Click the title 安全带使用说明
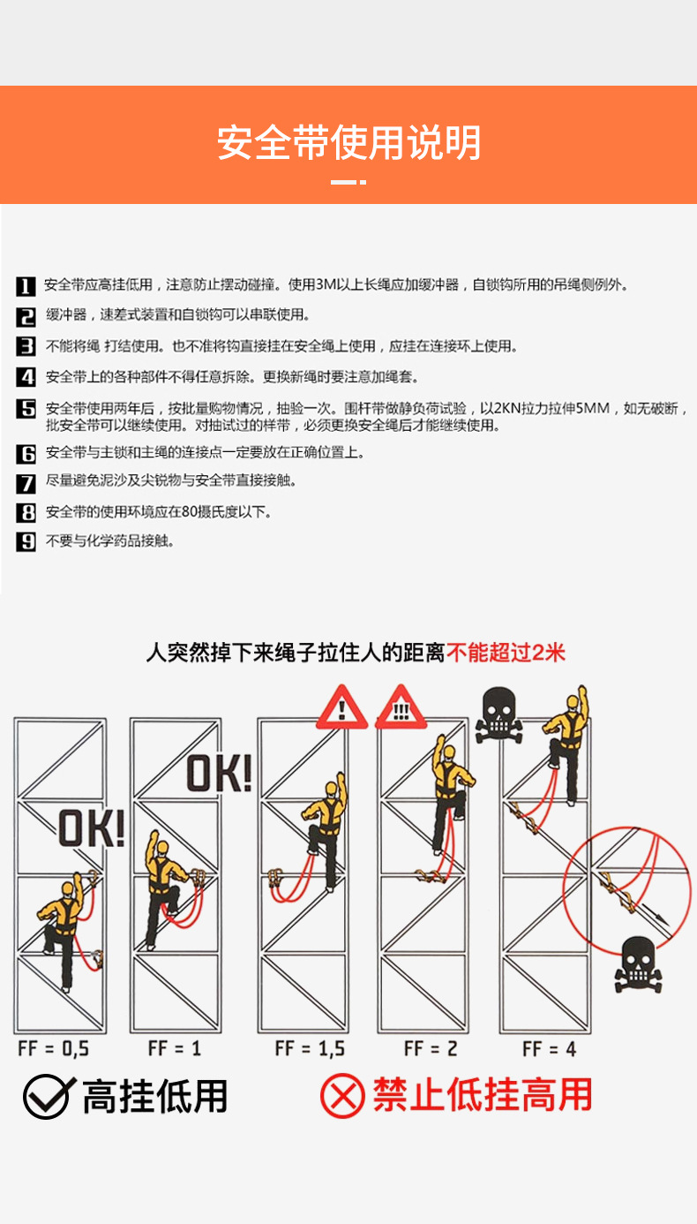pos(348,143)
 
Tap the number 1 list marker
pos(26,285)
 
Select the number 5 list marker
pos(26,408)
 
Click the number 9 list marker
pos(26,541)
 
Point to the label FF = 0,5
pos(54,1049)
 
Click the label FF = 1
pos(176,1049)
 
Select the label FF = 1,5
pos(310,1049)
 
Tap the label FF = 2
pos(431,1049)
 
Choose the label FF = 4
pos(550,1049)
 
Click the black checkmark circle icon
pos(46,1097)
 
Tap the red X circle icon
pos(341,1097)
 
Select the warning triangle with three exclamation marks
pos(400,708)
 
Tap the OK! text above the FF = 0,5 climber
pos(92,829)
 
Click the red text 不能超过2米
pos(506,653)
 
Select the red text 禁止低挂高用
pos(482,1096)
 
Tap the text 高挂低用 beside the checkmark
pos(155,1097)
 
